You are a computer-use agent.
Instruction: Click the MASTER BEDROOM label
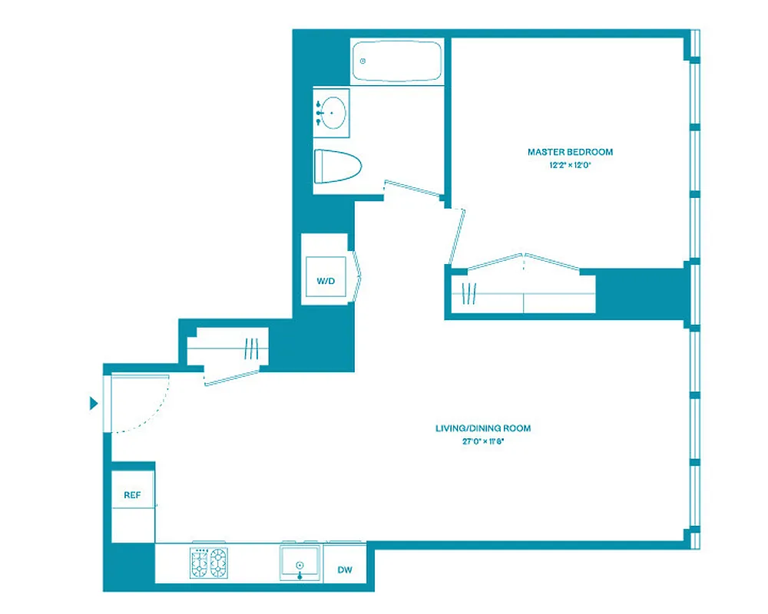570,152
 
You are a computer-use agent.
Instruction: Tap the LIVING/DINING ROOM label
482,428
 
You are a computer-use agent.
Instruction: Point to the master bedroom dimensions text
570,165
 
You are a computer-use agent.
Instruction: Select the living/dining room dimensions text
482,441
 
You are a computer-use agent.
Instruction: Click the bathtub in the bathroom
397,61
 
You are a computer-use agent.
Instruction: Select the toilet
337,166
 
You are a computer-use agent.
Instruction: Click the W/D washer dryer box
326,281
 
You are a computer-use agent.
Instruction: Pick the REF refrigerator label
133,496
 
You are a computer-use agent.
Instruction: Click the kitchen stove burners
209,563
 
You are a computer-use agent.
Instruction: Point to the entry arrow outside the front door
94,403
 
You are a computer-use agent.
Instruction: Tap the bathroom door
415,189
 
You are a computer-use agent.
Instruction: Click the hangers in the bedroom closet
469,294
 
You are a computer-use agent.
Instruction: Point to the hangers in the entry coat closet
250,349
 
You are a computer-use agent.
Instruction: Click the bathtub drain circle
362,61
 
